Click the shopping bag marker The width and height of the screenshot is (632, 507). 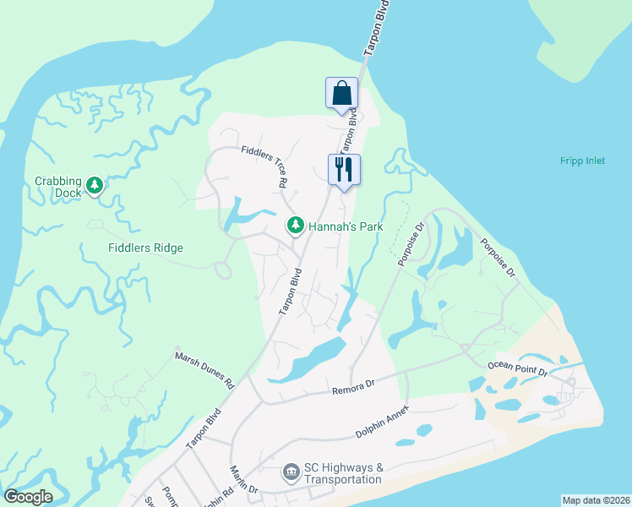click(342, 93)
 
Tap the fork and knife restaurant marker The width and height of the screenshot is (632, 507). click(344, 169)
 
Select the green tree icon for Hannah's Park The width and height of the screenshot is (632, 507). click(296, 225)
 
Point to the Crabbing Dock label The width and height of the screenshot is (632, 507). click(57, 187)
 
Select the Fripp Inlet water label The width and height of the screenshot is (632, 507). click(582, 161)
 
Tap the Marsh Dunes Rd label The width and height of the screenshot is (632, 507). click(204, 368)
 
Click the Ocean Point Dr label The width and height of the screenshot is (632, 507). click(517, 368)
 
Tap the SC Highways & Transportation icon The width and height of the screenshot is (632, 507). click(291, 471)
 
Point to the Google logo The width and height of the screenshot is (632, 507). click(28, 497)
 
